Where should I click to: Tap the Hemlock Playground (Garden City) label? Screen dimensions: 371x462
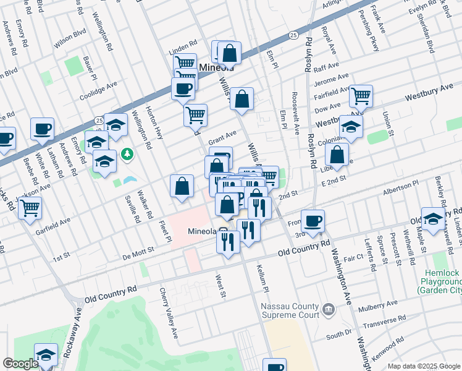coord(439,281)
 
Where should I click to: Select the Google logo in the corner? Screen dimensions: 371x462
coord(20,364)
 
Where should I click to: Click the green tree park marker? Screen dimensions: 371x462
coord(127,153)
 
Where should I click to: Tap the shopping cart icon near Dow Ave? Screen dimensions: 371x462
coord(361,96)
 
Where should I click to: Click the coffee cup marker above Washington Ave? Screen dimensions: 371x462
coord(313,220)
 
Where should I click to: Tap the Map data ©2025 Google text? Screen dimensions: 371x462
coord(424,366)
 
